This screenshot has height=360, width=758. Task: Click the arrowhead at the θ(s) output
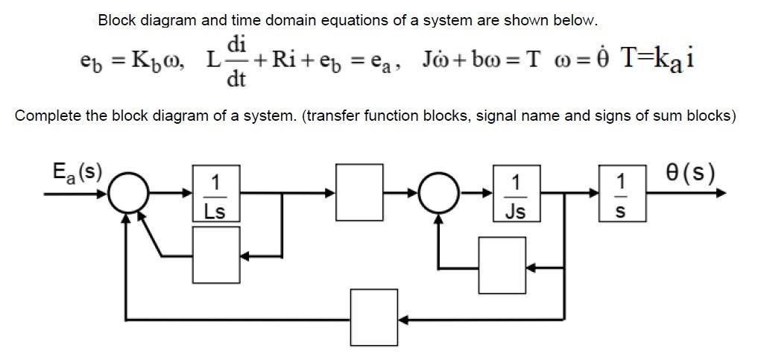[721, 193]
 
